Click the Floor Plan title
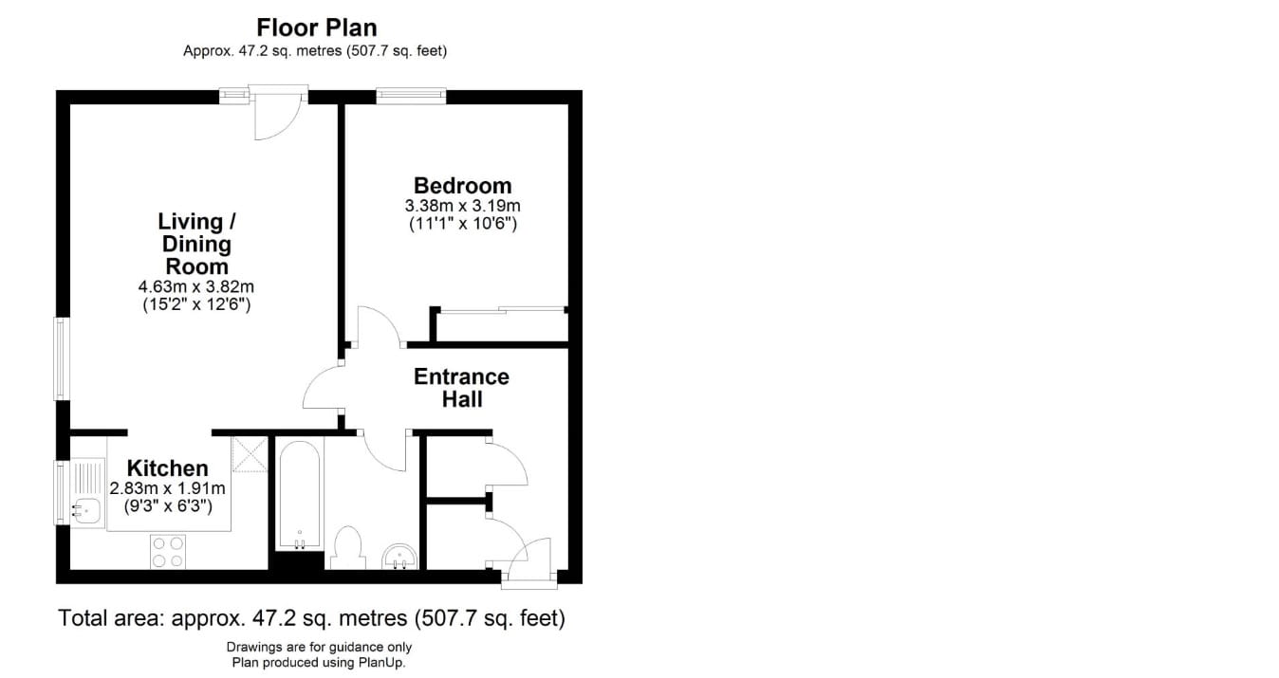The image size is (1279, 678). (316, 27)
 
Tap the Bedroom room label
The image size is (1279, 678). (462, 186)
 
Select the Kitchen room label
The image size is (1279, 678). (168, 467)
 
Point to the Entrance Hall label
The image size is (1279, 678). (461, 388)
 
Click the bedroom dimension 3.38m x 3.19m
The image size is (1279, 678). (462, 206)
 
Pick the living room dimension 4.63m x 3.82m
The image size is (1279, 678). (196, 285)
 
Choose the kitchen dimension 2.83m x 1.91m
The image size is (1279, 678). (168, 488)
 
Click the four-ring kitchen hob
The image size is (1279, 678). (168, 551)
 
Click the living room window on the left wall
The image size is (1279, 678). (63, 357)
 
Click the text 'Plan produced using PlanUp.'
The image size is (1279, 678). (319, 663)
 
